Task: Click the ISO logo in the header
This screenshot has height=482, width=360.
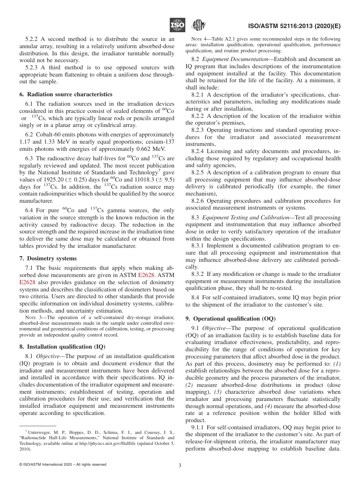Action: [x=177, y=25]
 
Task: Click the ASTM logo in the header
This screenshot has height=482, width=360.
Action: [x=198, y=25]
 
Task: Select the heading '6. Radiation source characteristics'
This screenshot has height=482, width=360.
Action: [x=66, y=94]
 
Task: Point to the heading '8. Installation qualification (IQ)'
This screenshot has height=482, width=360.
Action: [x=63, y=346]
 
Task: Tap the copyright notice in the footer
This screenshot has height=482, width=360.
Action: [x=63, y=465]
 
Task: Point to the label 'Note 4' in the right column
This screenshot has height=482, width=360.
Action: [x=199, y=39]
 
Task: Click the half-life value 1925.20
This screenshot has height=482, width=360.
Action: [x=52, y=180]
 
